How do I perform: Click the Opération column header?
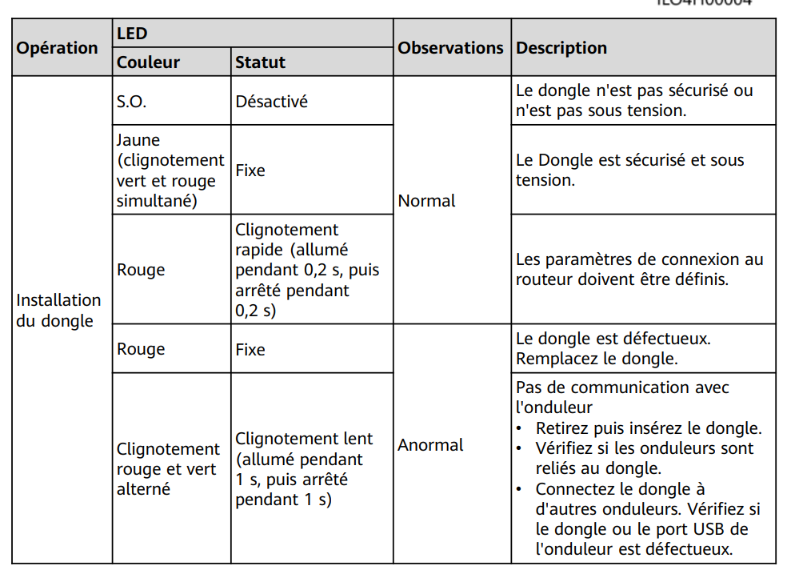click(58, 48)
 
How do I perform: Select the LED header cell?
click(132, 34)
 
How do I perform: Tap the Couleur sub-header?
click(148, 62)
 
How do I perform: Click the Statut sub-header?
click(260, 62)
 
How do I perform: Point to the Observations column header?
click(450, 48)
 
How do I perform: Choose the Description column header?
click(561, 48)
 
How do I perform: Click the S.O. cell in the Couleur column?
click(132, 102)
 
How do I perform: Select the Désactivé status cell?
click(271, 102)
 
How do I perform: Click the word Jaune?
click(138, 140)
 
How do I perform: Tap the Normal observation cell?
click(426, 201)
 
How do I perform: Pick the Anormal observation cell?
click(430, 445)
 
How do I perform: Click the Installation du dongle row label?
click(58, 311)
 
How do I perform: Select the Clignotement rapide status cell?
click(307, 270)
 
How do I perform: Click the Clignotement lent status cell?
click(303, 469)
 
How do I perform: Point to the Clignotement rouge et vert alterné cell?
click(168, 469)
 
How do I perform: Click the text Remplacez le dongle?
click(597, 359)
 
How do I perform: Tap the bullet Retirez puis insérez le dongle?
click(648, 428)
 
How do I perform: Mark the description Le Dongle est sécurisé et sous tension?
click(629, 170)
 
